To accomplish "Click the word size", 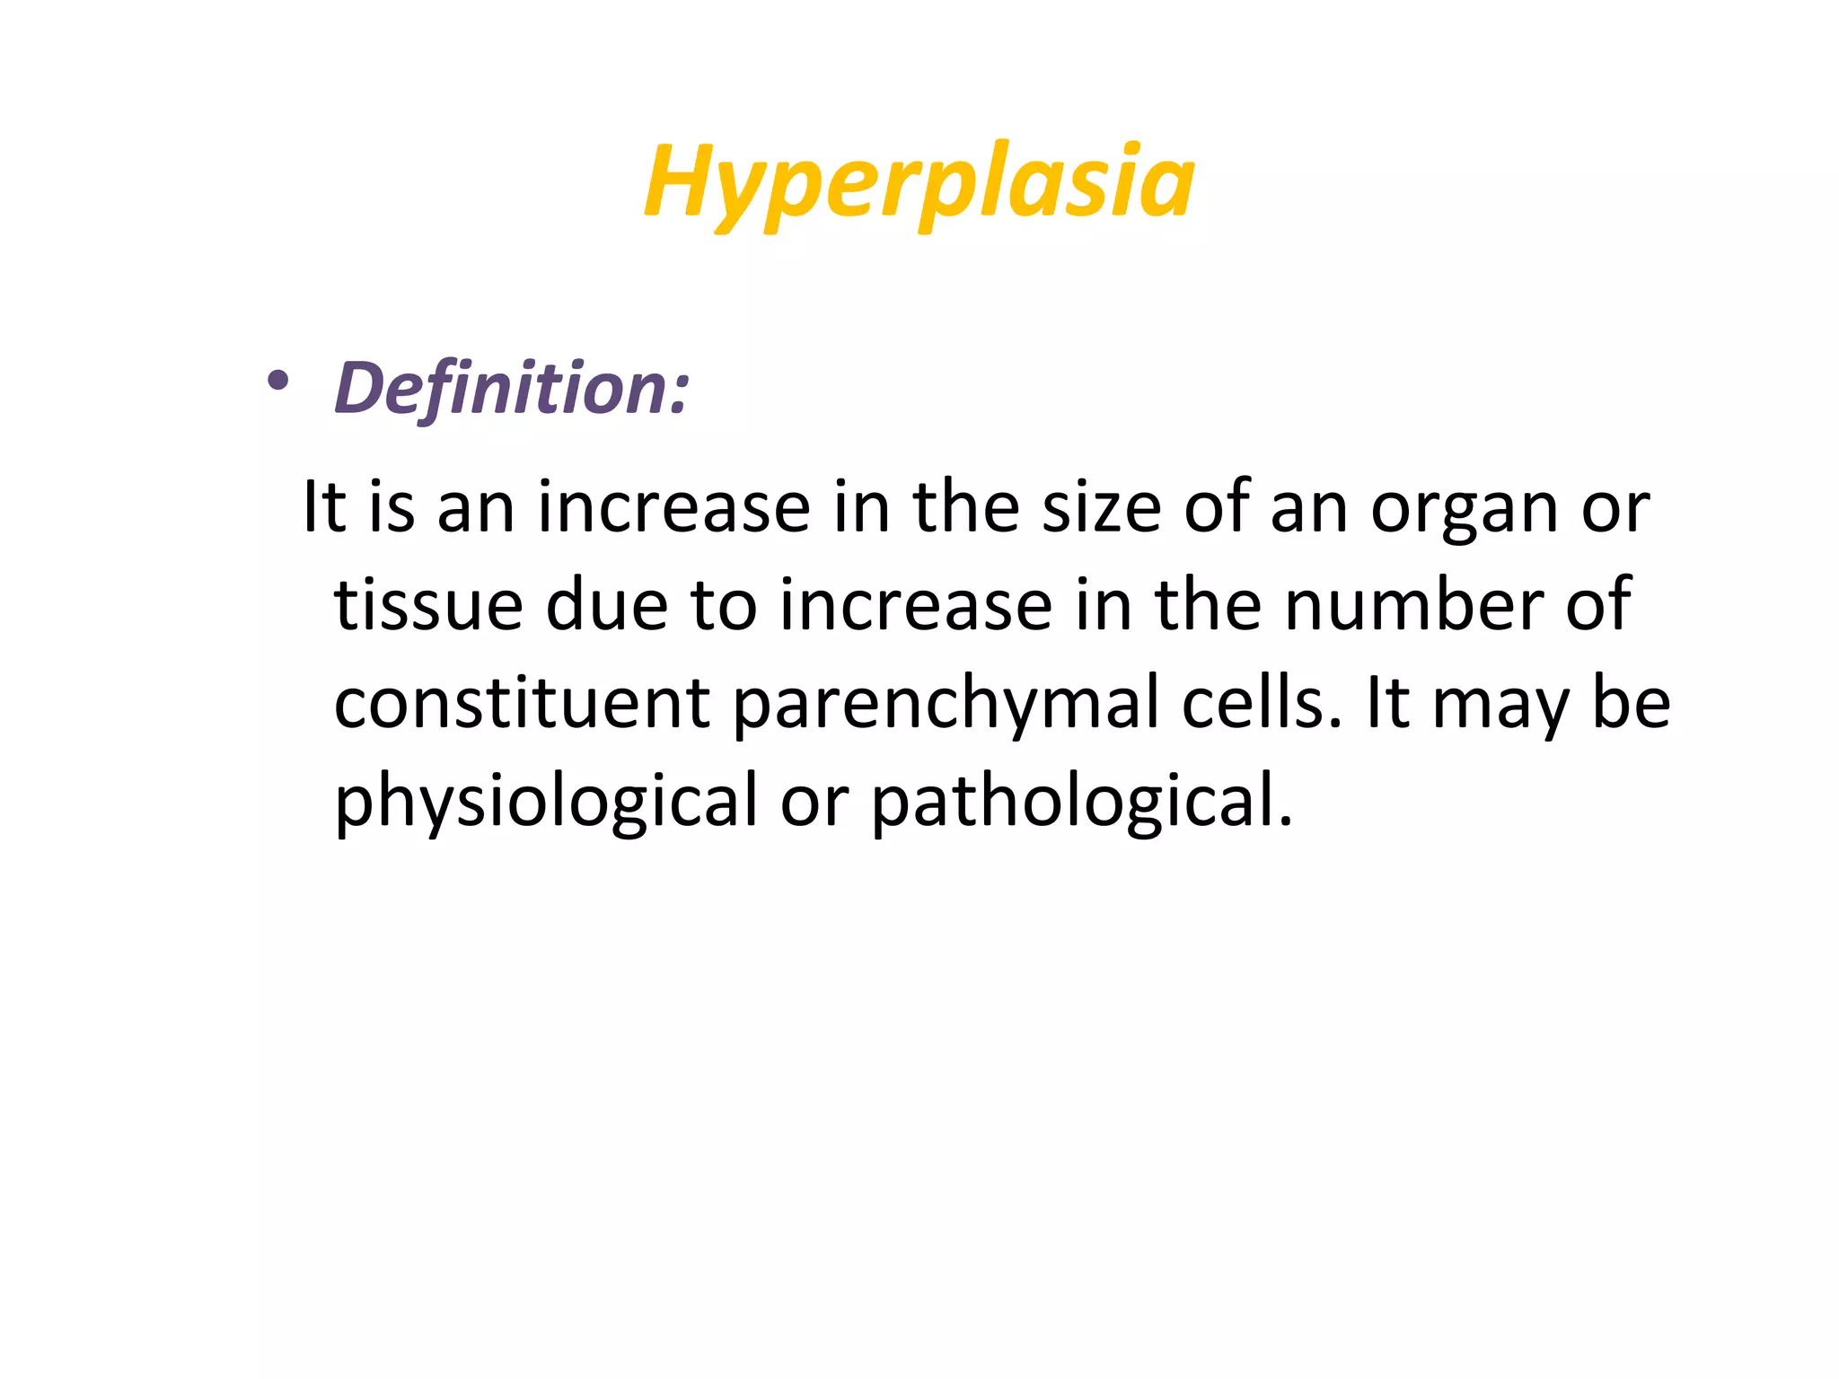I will tap(1101, 508).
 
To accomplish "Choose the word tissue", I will tap(428, 606).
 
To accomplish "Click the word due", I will tap(607, 606).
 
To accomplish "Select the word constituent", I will tap(523, 703).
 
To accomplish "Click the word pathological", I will tap(1082, 803).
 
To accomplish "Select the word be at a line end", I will tap(1631, 703).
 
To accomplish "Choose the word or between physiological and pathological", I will tap(814, 803).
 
